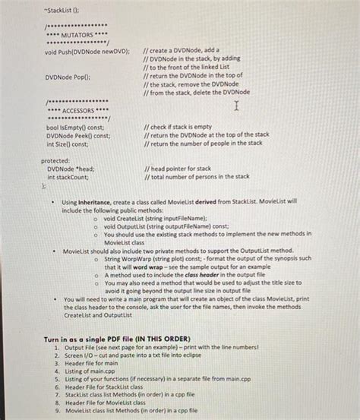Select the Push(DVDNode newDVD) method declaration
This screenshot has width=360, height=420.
coord(87,51)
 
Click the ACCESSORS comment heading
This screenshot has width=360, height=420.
coord(75,110)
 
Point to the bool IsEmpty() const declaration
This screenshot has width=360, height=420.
coord(74,127)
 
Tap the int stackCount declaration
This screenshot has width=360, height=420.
coord(68,176)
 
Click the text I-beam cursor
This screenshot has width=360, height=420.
coord(238,105)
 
